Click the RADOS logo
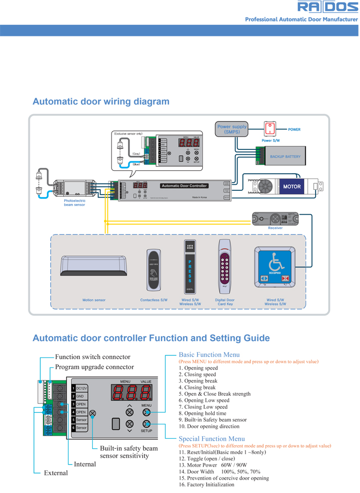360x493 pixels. coord(328,7)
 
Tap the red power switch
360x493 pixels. coord(269,128)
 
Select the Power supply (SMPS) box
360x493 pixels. coord(232,129)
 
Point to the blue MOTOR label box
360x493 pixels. coord(292,187)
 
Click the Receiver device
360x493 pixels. coord(275,218)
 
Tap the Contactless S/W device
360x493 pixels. coord(153,269)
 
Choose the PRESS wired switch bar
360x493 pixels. coord(190,268)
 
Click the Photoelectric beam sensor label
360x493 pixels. coord(75,203)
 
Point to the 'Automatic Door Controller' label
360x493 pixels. coord(184,186)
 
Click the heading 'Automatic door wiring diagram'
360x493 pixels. coord(101,102)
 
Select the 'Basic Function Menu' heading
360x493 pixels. coord(209,355)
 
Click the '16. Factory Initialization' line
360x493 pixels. coord(207,485)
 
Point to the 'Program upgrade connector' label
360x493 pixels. coord(94,367)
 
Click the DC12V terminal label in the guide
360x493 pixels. coord(82,388)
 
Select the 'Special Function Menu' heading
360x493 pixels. coord(212,439)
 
